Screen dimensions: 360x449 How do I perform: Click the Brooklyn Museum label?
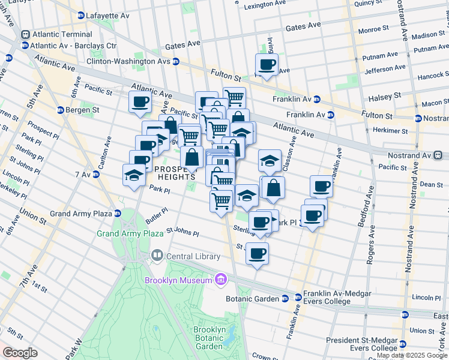(x=178, y=280)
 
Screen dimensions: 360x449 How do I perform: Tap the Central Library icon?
(x=157, y=256)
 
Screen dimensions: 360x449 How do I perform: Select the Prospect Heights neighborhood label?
(x=175, y=173)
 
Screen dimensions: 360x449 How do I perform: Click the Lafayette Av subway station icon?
(x=81, y=15)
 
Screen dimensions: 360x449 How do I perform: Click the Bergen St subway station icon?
(x=60, y=110)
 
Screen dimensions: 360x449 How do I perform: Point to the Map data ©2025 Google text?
(x=412, y=356)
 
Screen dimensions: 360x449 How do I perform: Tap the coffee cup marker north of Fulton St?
(x=267, y=65)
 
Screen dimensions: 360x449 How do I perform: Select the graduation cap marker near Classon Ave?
(x=270, y=160)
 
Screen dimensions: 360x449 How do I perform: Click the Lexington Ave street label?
(x=267, y=5)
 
